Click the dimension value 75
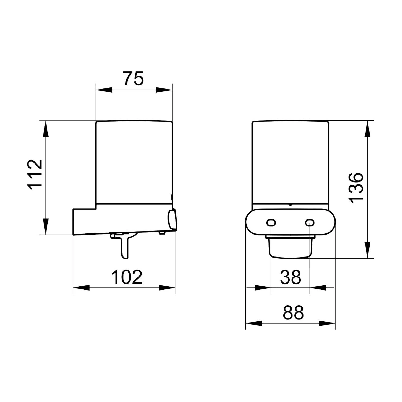pos(134,78)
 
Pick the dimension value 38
pos(291,277)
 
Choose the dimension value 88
pos(293,312)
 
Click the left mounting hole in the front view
pos(271,222)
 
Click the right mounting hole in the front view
pos(310,222)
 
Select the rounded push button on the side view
pos(172,219)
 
